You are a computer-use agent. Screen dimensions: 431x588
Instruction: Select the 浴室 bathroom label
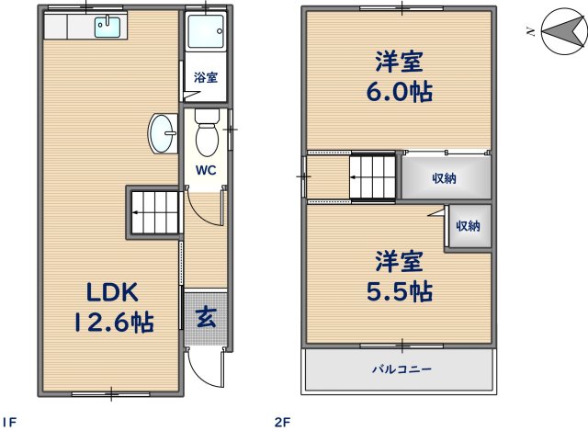(x=205, y=78)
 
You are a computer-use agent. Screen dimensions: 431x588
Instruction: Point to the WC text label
(x=204, y=170)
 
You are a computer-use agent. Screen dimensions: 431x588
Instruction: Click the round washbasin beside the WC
(x=162, y=135)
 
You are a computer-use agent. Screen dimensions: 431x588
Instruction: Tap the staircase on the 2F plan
(x=373, y=176)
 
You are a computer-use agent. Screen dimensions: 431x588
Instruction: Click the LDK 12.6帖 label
(x=113, y=307)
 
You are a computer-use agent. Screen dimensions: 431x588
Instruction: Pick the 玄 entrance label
(x=205, y=319)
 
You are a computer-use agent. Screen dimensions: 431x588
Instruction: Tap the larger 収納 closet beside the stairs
(x=445, y=178)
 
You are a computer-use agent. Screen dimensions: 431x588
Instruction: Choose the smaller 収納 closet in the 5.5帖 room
(x=468, y=226)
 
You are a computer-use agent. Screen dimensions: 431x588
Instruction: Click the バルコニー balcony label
(x=401, y=369)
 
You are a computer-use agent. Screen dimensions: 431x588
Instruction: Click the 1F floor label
(x=11, y=422)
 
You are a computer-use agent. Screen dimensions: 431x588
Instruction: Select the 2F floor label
(x=282, y=422)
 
